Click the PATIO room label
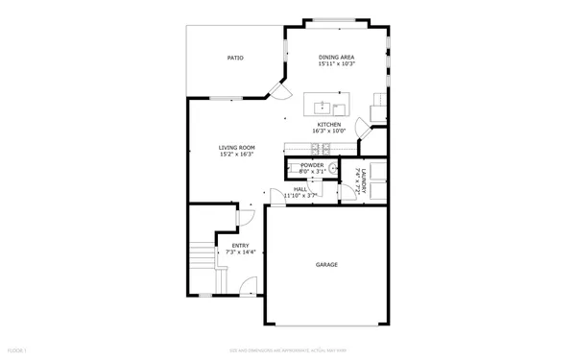point(234,58)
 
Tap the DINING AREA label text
point(337,58)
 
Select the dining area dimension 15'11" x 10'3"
point(337,64)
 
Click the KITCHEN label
point(330,125)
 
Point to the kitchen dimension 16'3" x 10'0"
point(330,132)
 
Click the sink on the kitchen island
point(322,106)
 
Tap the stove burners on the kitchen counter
point(321,148)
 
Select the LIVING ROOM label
point(236,148)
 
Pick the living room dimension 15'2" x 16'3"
point(236,155)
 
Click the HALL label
point(300,189)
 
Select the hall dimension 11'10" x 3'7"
point(300,196)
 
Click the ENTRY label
point(241,245)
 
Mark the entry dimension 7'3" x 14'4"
point(241,252)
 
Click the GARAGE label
point(327,264)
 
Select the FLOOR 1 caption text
point(16,349)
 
